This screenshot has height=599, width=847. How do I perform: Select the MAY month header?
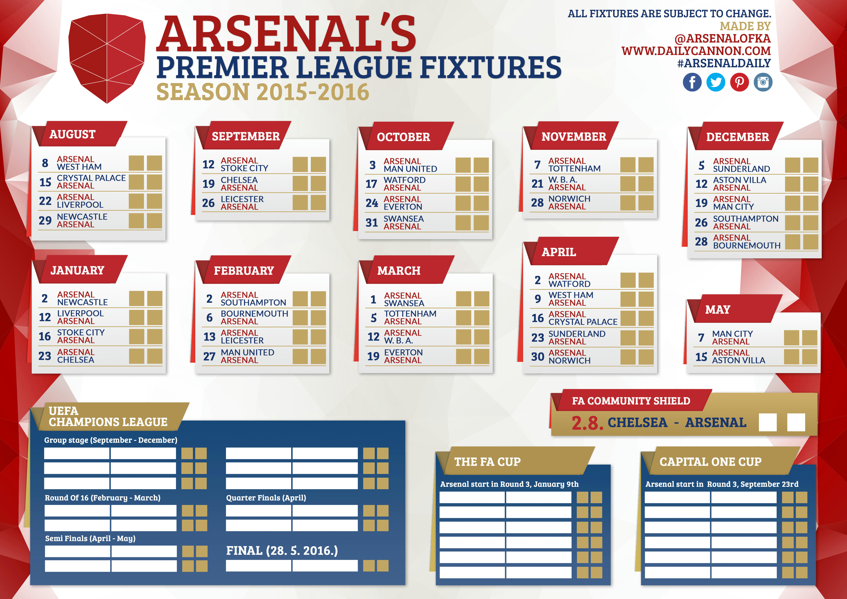[718, 309]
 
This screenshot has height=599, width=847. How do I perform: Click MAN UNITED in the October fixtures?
[410, 169]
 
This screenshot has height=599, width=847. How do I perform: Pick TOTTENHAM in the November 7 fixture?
[574, 169]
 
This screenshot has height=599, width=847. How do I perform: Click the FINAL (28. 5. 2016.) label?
[282, 551]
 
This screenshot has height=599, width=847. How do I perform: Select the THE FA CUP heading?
[487, 462]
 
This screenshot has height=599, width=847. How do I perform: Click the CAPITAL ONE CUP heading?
[710, 462]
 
